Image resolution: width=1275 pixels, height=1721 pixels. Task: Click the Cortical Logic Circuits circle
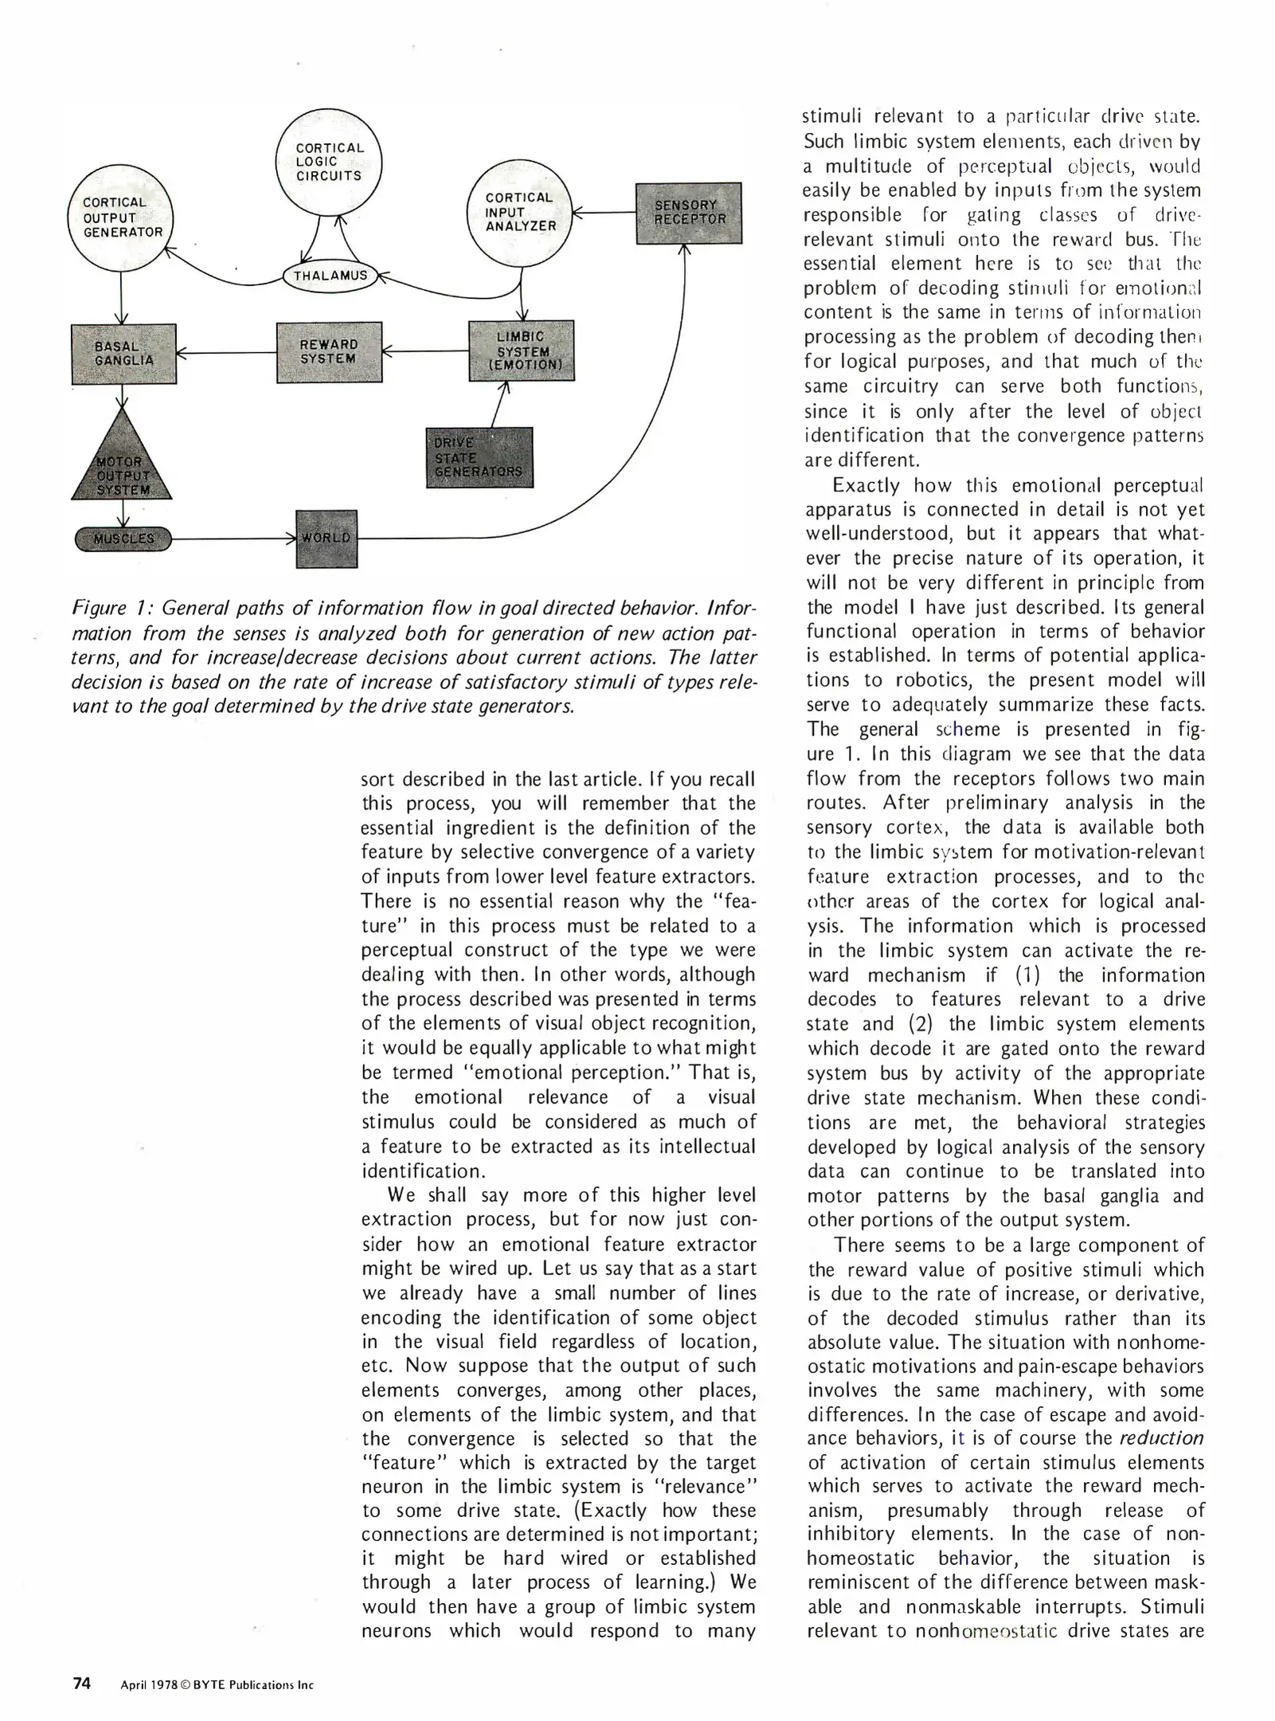pyautogui.click(x=328, y=162)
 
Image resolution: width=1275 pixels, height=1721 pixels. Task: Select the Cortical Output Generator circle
pyautogui.click(x=121, y=218)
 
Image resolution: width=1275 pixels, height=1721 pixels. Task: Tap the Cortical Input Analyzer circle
pyautogui.click(x=520, y=212)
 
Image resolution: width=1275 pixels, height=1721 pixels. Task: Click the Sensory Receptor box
pyautogui.click(x=689, y=213)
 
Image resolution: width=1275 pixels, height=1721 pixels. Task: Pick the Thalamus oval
pyautogui.click(x=330, y=276)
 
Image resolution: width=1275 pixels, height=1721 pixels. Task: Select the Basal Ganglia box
pyautogui.click(x=123, y=354)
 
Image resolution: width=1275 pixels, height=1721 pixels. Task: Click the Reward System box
pyautogui.click(x=329, y=352)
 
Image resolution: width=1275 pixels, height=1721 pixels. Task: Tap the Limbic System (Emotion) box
pyautogui.click(x=522, y=351)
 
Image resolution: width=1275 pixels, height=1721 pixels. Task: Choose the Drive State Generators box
pyautogui.click(x=479, y=457)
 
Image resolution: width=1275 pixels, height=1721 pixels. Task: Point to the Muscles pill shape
pyautogui.click(x=123, y=539)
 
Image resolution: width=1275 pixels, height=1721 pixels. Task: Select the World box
pyautogui.click(x=327, y=539)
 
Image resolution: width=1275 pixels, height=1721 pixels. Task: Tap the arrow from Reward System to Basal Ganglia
pyautogui.click(x=226, y=353)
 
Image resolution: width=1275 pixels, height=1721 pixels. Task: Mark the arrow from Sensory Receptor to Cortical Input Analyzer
pyautogui.click(x=604, y=213)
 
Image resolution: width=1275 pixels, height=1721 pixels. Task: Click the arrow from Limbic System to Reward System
pyautogui.click(x=426, y=351)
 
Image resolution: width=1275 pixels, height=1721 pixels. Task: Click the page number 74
pyautogui.click(x=82, y=1684)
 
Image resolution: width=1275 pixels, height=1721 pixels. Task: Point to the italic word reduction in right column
pyautogui.click(x=1161, y=1437)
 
